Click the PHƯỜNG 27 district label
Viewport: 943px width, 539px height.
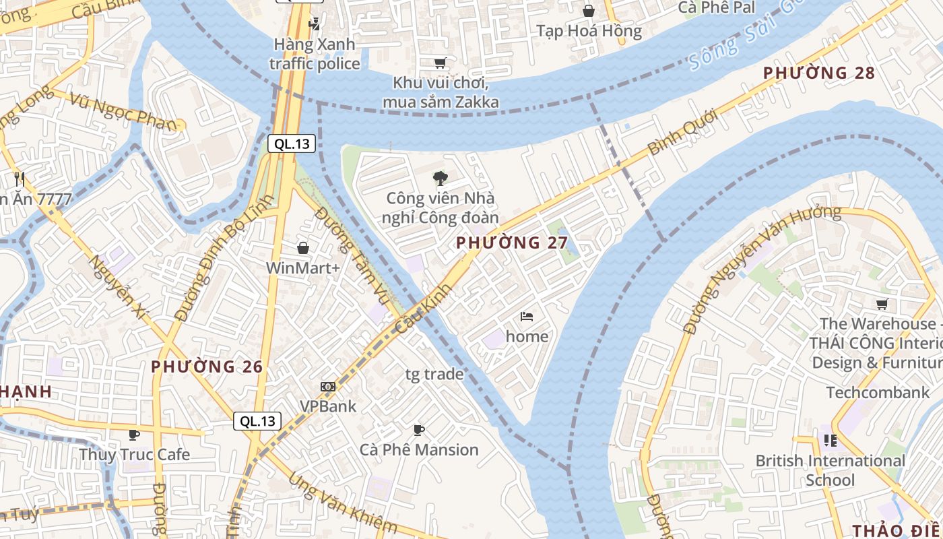coord(512,243)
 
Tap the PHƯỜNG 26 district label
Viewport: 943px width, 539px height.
coord(207,367)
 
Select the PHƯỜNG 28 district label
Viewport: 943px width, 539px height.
coord(818,73)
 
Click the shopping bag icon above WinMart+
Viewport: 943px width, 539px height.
coord(303,248)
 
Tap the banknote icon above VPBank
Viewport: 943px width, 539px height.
coord(328,387)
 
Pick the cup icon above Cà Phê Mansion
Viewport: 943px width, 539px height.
coord(419,430)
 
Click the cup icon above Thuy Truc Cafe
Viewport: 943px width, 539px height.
coord(134,435)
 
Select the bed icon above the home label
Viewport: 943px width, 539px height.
coord(527,316)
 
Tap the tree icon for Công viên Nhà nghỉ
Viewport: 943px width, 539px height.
coord(441,179)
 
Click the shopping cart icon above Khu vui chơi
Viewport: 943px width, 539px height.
coord(441,63)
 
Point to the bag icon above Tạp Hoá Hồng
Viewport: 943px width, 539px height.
coord(589,11)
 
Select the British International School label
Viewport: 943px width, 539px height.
coord(830,470)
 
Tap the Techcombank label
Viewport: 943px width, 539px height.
coord(878,392)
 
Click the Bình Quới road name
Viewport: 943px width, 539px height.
coord(682,133)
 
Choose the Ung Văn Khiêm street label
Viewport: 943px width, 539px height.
coord(342,503)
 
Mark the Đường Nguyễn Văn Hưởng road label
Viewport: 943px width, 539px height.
coord(761,269)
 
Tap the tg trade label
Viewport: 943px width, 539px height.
coord(434,374)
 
